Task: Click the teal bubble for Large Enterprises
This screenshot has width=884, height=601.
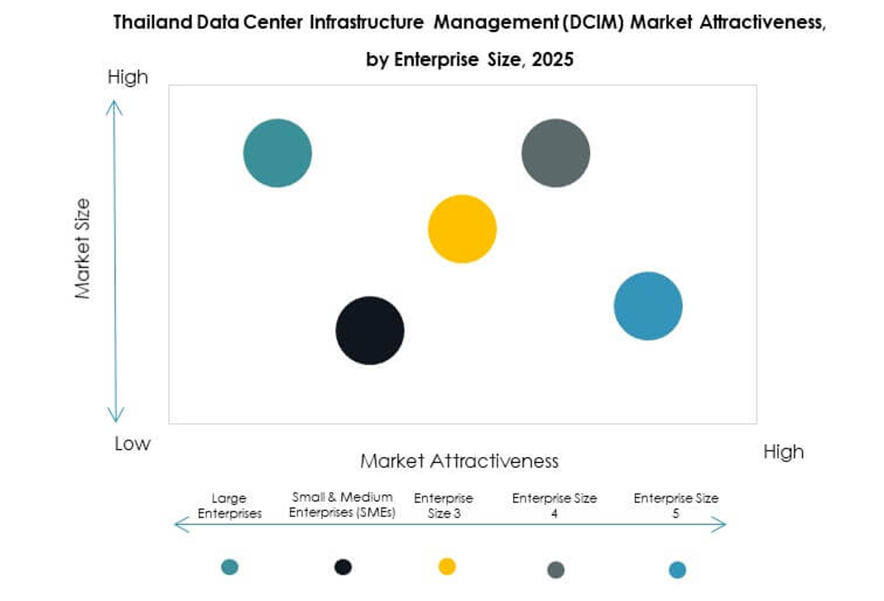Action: coord(277,153)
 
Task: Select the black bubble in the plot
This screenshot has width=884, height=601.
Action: coord(370,330)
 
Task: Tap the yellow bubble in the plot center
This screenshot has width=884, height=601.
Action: coord(462,229)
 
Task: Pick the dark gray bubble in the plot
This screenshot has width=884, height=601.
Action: coord(555,153)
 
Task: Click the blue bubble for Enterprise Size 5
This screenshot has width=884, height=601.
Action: coord(648,306)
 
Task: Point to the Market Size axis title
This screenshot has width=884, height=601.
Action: coord(83,248)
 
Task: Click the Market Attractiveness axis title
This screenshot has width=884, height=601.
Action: coord(459,460)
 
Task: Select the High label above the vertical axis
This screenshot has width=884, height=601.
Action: coord(127,77)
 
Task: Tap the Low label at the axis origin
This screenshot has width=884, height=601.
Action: coord(132,444)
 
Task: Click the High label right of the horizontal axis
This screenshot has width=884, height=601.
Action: coord(782,451)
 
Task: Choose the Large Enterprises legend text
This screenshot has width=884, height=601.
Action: coord(229,506)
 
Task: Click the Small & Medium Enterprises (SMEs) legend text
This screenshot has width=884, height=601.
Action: coord(344,505)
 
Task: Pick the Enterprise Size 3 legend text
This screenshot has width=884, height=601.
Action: coord(444,506)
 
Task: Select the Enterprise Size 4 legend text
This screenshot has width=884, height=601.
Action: coord(555,506)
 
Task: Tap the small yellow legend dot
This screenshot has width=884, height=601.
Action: coord(447,566)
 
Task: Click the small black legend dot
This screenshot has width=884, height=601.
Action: coord(343,566)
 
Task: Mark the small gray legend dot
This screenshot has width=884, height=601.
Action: coord(556,570)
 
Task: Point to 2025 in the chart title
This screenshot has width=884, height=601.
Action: coord(553,60)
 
